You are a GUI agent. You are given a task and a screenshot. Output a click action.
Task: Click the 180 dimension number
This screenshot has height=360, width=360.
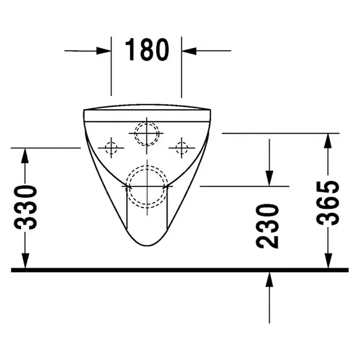tap(147, 50)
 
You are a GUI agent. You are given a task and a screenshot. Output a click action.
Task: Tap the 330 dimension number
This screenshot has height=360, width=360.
tap(25, 207)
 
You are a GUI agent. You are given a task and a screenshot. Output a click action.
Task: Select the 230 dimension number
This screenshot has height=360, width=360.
tap(267, 226)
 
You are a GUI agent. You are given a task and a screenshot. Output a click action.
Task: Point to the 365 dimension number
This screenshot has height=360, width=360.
tap(327, 203)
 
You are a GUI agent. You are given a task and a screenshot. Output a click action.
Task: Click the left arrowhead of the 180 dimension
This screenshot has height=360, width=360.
tap(103, 51)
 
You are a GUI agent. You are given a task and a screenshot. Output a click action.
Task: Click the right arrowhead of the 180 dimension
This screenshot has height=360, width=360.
tap(189, 51)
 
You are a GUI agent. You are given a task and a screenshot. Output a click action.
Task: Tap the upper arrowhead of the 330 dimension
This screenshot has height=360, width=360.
tap(25, 156)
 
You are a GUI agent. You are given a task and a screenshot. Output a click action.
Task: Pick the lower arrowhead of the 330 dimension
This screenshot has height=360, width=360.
tap(25, 260)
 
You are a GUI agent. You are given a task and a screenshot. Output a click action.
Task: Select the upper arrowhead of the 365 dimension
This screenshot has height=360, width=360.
tap(328, 141)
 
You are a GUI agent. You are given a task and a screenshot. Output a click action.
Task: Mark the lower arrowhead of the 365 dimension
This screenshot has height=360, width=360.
tap(328, 260)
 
